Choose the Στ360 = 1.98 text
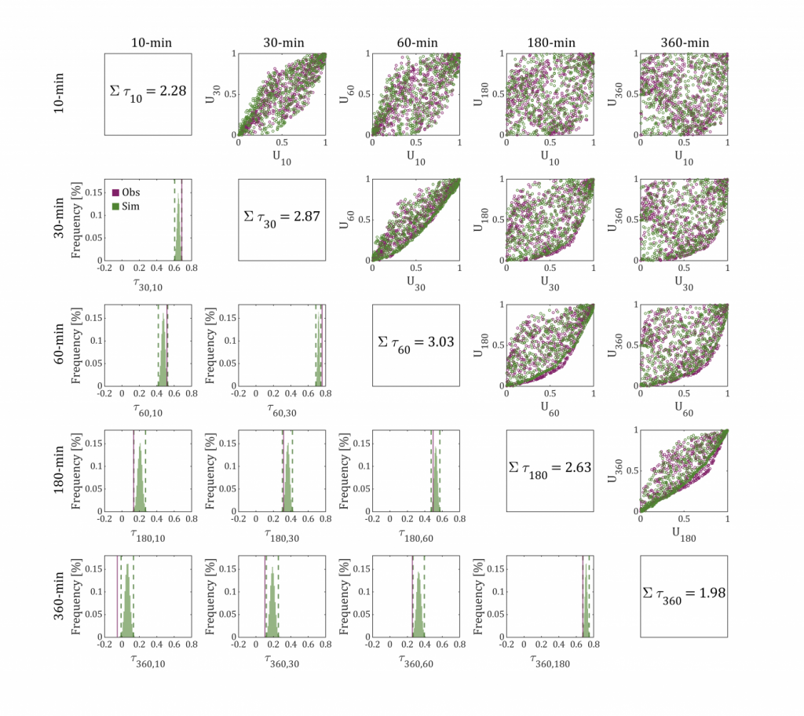click(x=684, y=594)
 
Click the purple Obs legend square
click(x=115, y=192)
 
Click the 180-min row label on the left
click(x=60, y=470)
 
